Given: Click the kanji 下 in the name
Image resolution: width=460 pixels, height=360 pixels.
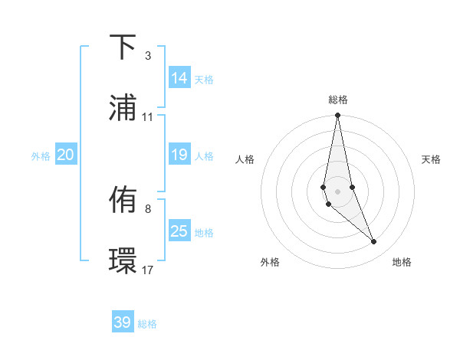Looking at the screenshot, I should point(123,48).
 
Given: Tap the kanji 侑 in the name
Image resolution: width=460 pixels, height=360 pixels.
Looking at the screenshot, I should point(123,201).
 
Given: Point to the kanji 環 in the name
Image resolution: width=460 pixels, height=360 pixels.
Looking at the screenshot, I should point(123,260).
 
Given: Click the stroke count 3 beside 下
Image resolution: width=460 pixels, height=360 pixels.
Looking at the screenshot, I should point(147,56).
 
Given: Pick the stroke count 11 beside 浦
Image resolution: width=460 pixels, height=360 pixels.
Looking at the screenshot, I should point(147,117).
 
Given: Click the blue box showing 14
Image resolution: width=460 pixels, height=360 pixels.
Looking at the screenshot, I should point(179,77).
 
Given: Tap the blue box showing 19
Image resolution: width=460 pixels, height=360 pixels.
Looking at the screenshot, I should point(179,155).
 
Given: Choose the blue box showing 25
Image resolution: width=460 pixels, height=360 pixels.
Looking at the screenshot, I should point(179,231).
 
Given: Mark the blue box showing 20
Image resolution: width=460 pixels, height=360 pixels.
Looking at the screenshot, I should point(66,155).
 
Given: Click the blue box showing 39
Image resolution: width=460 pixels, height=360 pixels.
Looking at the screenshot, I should point(123,322).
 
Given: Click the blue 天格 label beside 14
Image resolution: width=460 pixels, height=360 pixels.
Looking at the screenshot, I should point(204,79).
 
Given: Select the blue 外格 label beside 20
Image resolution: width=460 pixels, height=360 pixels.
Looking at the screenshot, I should point(41,156).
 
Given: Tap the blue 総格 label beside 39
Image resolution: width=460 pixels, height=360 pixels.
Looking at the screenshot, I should point(147,324).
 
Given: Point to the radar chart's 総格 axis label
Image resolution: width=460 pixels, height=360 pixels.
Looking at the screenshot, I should point(338,100).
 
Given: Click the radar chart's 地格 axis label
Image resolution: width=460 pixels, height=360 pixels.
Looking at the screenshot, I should point(402,262).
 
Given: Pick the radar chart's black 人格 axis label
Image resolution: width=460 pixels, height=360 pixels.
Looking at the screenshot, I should point(245,159).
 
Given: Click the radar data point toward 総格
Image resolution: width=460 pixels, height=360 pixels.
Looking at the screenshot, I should point(338,116).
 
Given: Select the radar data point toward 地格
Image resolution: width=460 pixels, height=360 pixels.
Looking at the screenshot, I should point(374,242).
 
